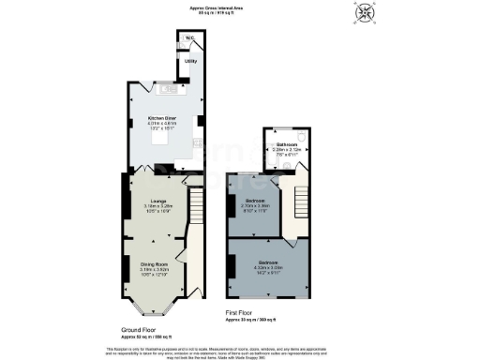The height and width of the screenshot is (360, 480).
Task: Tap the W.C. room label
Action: click(x=189, y=38)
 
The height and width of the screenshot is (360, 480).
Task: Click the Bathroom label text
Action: click(x=287, y=143)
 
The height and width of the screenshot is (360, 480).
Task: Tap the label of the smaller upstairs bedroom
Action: click(x=256, y=201)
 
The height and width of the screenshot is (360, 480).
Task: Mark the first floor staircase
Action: click(x=298, y=202)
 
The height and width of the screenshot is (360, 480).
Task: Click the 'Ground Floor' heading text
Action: click(x=145, y=329)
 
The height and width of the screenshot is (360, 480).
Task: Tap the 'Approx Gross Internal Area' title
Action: click(x=239, y=5)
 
